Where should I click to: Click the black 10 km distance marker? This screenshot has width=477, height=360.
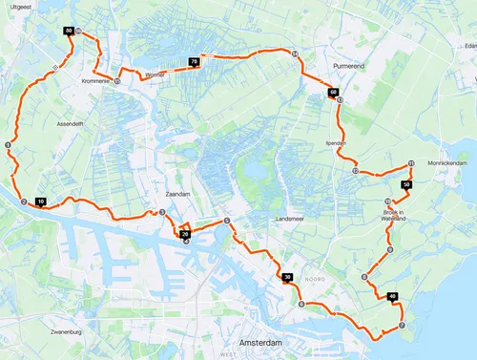(41, 201)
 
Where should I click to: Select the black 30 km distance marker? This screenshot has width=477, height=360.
(288, 278)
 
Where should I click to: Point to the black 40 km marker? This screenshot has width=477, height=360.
(393, 298)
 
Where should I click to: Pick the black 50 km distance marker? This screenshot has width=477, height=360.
(406, 183)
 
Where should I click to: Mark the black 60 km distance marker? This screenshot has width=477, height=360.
(333, 93)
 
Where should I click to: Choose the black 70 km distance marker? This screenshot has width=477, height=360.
(194, 62)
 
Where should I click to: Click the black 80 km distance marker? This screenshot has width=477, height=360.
(70, 32)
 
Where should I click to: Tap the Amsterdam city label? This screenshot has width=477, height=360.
(259, 342)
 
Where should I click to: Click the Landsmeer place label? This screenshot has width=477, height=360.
(290, 218)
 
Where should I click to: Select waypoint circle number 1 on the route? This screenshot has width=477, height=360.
(8, 145)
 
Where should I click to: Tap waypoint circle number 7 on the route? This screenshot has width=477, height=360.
(402, 326)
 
